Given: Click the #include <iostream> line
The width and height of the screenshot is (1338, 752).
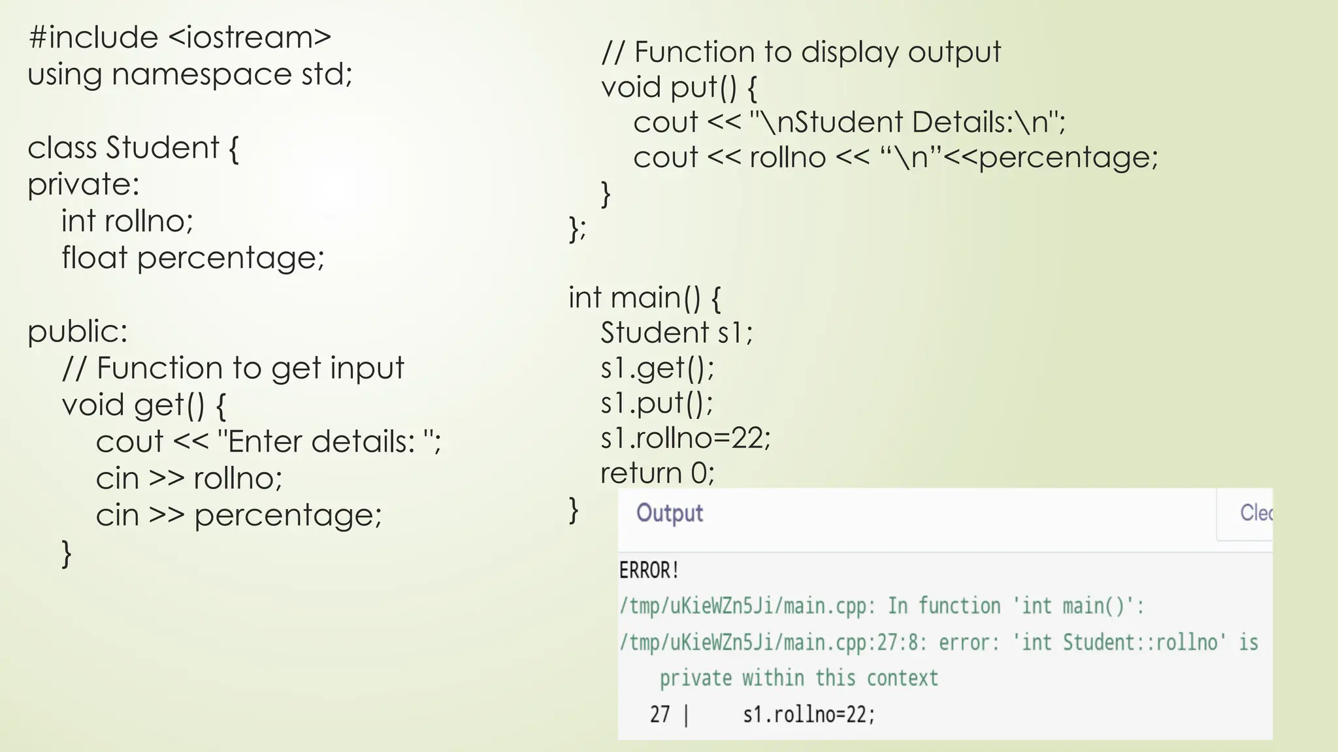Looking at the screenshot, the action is [x=180, y=38].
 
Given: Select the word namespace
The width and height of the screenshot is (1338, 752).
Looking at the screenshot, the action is [x=201, y=74].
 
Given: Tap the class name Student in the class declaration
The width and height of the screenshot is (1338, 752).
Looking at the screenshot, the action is [x=163, y=148].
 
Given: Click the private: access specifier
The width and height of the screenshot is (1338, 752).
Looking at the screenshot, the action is [x=84, y=185].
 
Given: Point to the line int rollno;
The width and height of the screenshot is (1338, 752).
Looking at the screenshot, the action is [x=127, y=221].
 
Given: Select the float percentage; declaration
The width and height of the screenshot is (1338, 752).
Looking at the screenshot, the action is [x=193, y=258].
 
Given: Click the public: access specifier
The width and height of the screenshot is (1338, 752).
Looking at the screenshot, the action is [x=78, y=332].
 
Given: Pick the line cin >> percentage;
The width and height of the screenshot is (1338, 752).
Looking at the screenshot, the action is [x=238, y=516].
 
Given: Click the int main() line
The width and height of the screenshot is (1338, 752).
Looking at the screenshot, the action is [x=644, y=298].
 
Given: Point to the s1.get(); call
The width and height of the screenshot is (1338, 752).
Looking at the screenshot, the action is [x=657, y=368].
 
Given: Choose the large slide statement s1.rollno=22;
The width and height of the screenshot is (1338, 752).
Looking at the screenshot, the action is [x=685, y=438].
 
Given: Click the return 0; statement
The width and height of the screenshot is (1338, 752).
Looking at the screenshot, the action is [x=657, y=473].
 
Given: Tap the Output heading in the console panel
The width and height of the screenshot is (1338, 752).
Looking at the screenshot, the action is [x=670, y=513].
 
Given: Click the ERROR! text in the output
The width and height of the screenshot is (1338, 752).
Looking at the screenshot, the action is [x=649, y=571].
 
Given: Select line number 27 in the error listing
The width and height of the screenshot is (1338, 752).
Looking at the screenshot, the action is [x=660, y=715].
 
